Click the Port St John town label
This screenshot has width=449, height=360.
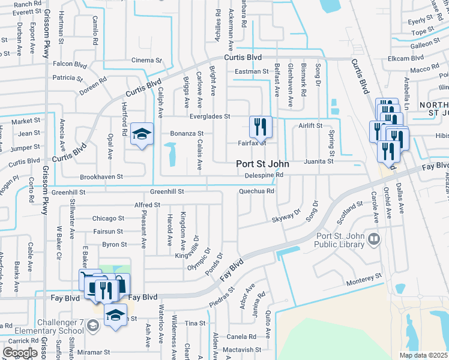pyautogui.click(x=262, y=163)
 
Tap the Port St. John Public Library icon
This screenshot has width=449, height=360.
pyautogui.click(x=374, y=240)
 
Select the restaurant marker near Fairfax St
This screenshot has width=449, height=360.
pyautogui.click(x=261, y=127)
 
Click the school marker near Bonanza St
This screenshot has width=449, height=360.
pyautogui.click(x=142, y=134)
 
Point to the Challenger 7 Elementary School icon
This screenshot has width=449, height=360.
pyautogui.click(x=93, y=325)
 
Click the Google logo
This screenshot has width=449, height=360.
pyautogui.click(x=20, y=353)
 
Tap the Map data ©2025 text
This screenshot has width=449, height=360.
pyautogui.click(x=423, y=355)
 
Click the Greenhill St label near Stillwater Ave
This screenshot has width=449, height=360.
pyautogui.click(x=69, y=193)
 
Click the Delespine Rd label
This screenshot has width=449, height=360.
pyautogui.click(x=264, y=175)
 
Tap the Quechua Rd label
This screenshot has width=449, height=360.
pyautogui.click(x=256, y=191)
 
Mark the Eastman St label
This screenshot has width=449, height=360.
pyautogui.click(x=252, y=71)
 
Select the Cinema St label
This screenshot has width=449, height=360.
pyautogui.click(x=147, y=61)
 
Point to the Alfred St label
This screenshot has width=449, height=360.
pyautogui.click(x=148, y=205)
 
